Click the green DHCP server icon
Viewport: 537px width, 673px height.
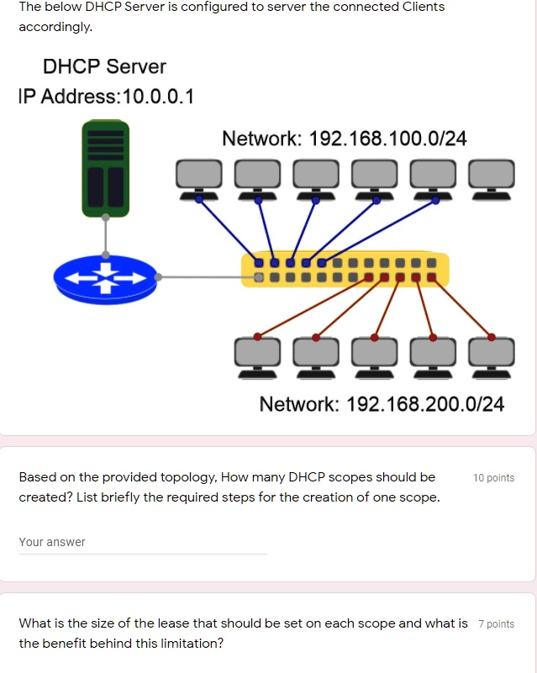[x=104, y=169]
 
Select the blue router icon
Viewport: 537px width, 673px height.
[x=104, y=276]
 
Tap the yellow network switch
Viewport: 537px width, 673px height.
[x=345, y=270]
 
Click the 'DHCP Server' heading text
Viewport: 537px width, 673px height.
[x=104, y=66]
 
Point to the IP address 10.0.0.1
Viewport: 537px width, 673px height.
[x=158, y=97]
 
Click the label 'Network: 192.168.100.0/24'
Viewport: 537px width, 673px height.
[x=344, y=139]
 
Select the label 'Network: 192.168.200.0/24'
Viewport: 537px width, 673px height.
[x=382, y=405]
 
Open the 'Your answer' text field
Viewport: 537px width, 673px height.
[x=142, y=543]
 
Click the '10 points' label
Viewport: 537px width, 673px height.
[x=493, y=478]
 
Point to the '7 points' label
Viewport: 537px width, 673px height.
[x=496, y=623]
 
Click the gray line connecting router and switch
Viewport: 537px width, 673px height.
[x=202, y=276]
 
